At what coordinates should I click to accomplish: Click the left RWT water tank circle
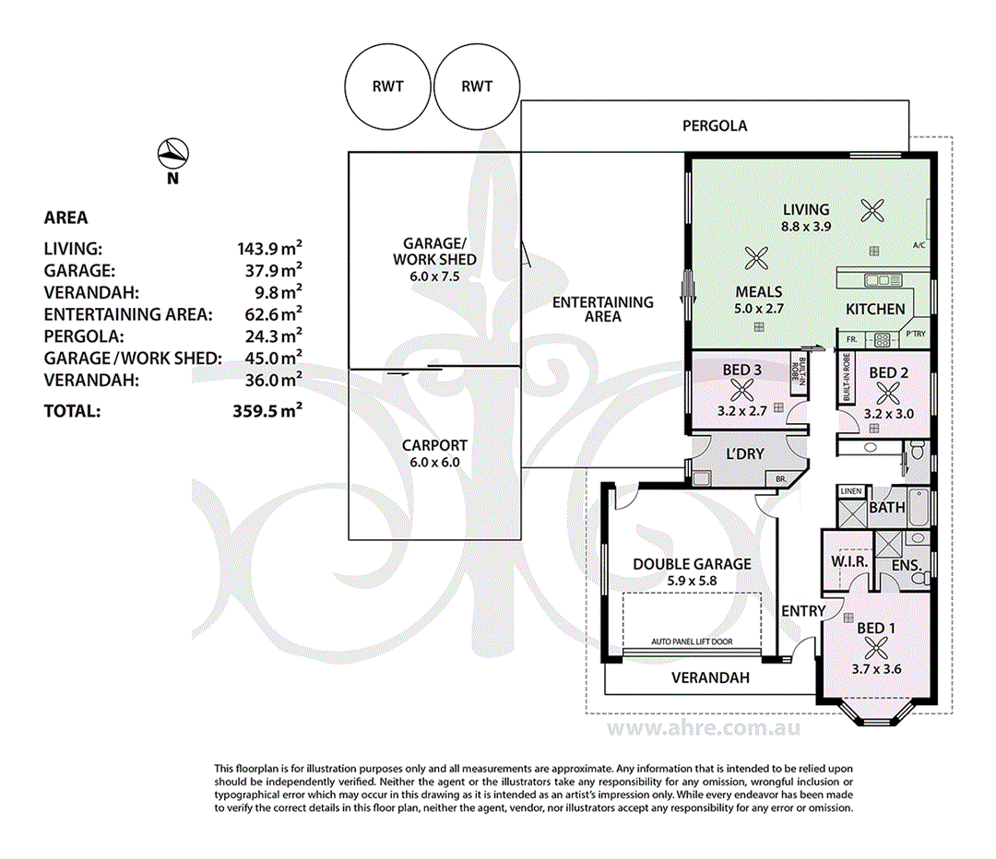click(x=346, y=86)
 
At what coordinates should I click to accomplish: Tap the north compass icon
click(x=172, y=154)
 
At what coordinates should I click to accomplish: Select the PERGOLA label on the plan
click(x=715, y=125)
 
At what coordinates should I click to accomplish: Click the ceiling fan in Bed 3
click(x=741, y=391)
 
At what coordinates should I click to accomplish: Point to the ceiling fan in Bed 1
click(x=876, y=648)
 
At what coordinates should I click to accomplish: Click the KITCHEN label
click(x=875, y=309)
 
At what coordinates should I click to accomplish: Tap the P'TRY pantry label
click(x=916, y=334)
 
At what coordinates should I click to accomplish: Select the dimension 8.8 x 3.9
click(x=806, y=226)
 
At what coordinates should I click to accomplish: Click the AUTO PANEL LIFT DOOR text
click(x=692, y=641)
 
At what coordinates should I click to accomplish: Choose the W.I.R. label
click(x=849, y=562)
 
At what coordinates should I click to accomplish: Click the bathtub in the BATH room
click(x=919, y=507)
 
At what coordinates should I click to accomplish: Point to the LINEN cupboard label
click(x=851, y=490)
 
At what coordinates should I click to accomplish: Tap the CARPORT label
click(x=434, y=446)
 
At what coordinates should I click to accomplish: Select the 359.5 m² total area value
click(x=267, y=411)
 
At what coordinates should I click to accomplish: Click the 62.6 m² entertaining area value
click(x=274, y=313)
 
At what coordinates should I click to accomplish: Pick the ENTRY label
click(x=803, y=611)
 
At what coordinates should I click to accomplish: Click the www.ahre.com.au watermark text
click(x=704, y=728)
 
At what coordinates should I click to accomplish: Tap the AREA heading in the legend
click(x=66, y=218)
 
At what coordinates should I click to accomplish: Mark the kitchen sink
click(x=883, y=279)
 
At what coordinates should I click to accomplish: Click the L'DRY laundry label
click(x=745, y=454)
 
